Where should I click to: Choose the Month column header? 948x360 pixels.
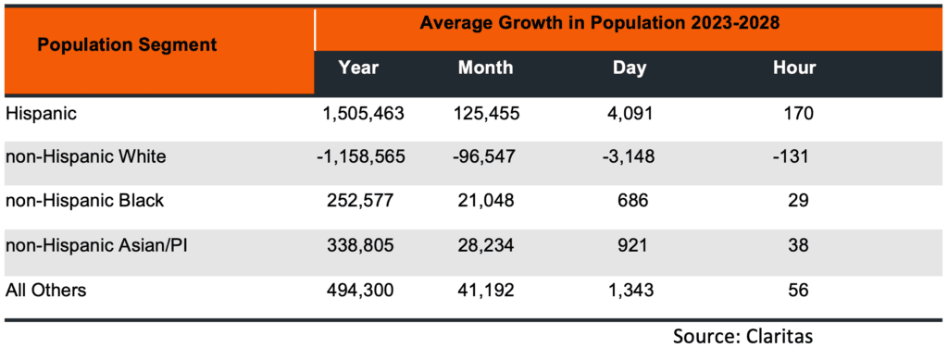pos(485,68)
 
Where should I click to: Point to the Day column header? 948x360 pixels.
pos(629,68)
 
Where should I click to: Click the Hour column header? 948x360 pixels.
pos(794,68)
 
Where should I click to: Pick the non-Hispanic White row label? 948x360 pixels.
pos(86,156)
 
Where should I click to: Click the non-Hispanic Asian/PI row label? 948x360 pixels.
pos(97,246)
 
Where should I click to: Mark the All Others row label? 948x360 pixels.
pos(46,291)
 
